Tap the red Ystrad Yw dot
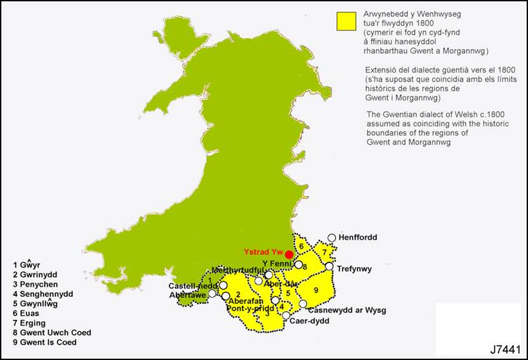click(x=289, y=254)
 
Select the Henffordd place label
click(x=357, y=237)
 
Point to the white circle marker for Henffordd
click(x=332, y=238)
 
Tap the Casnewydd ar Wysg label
click(x=347, y=310)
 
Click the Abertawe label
click(x=186, y=295)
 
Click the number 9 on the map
click(x=317, y=291)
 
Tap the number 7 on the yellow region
click(x=325, y=253)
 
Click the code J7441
click(x=504, y=348)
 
